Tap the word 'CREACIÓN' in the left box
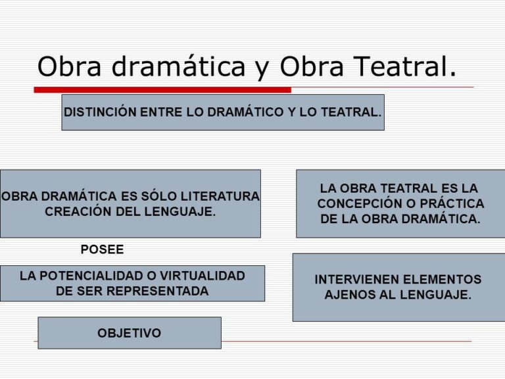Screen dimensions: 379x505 point(74,212)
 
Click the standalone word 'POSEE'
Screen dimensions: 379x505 point(102,249)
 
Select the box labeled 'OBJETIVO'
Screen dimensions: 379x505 point(130,333)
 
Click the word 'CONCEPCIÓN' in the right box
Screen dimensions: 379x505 point(356,204)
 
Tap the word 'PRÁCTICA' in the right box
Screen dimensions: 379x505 point(450,204)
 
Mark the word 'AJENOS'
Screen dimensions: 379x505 point(349,295)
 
